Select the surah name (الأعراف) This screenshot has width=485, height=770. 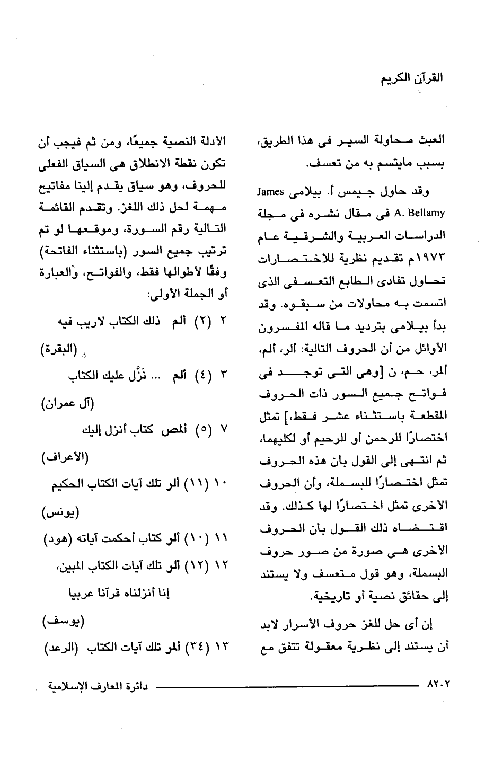click(66, 457)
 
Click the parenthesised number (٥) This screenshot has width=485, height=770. click(199, 430)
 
